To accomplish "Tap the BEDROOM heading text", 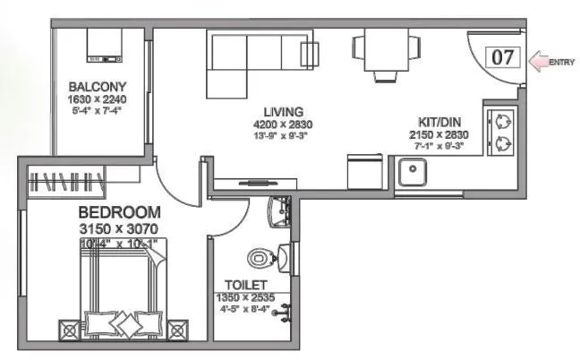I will (119, 213).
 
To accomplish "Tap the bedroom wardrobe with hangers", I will (64, 181).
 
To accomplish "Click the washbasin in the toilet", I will (283, 212).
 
